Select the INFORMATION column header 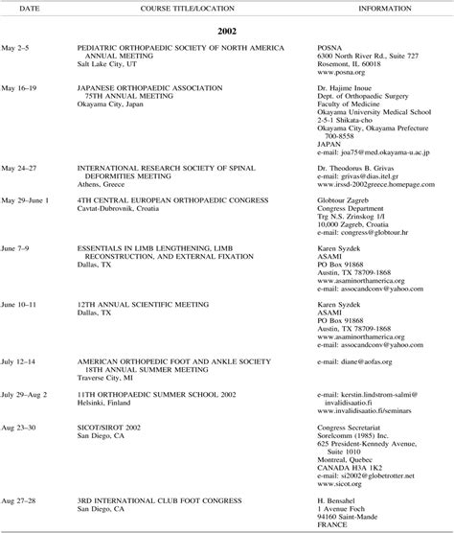pyautogui.click(x=386, y=8)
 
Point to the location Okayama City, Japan pyautogui.click(x=118, y=102)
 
